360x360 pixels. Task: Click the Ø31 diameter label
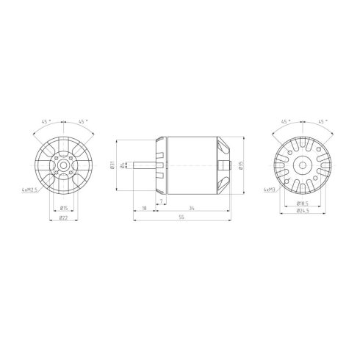(112, 165)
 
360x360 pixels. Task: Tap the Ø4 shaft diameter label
(122, 165)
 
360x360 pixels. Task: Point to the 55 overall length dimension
(181, 219)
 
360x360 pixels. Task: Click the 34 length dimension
(191, 209)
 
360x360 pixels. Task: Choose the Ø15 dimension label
(65, 208)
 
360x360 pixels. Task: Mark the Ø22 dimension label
(65, 218)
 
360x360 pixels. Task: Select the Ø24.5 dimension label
(302, 212)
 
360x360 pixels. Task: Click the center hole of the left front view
(65, 165)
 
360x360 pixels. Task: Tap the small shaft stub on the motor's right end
(233, 165)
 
